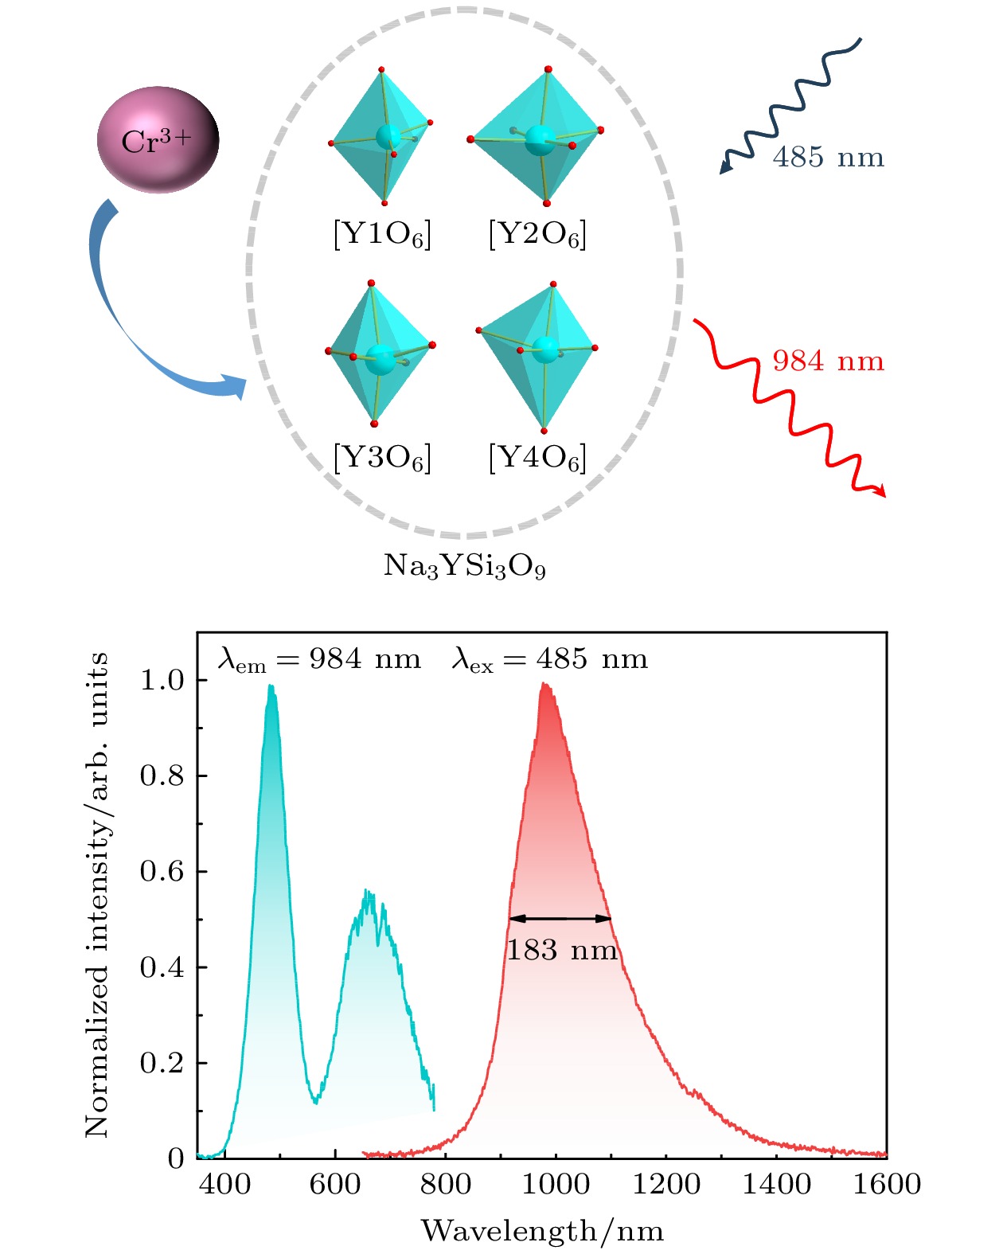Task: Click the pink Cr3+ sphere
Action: point(158,140)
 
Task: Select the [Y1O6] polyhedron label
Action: point(382,235)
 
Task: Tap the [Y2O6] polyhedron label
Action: point(537,235)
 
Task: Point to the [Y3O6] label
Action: point(382,458)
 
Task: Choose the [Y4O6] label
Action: point(537,458)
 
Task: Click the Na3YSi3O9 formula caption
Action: point(465,566)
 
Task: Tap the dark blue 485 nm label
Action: point(828,158)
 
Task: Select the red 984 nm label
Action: point(828,361)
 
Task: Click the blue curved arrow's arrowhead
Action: point(237,387)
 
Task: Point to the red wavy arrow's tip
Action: point(882,494)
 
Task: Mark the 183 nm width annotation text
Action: point(562,950)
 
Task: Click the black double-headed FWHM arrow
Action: point(560,918)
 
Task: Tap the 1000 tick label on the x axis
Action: point(556,1184)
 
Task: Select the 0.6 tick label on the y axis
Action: point(162,871)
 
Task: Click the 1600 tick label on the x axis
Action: point(887,1184)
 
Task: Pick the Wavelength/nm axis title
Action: point(542,1230)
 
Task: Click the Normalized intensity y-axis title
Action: point(97,895)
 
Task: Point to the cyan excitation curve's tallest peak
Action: point(271,686)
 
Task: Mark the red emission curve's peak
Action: point(544,684)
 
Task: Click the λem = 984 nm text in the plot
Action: point(319,659)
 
